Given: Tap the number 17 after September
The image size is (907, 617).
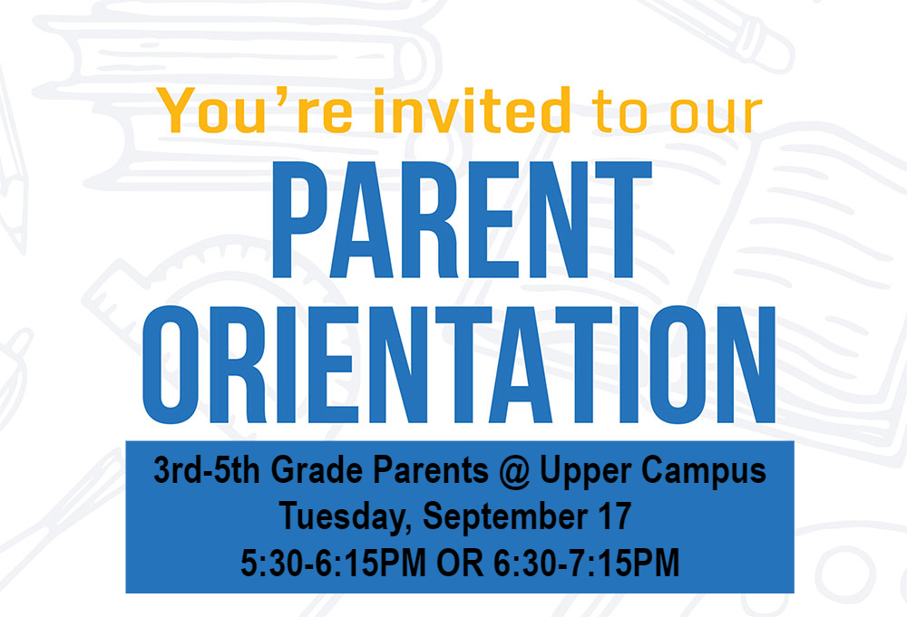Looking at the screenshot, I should pyautogui.click(x=613, y=517).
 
